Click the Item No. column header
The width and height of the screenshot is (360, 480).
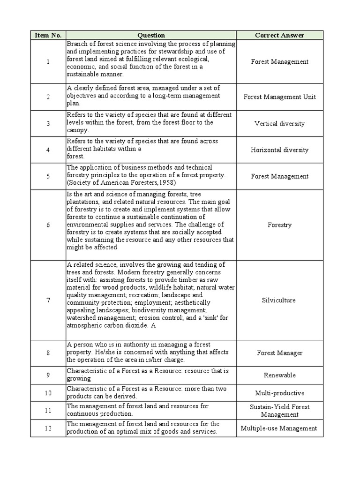click(x=48, y=35)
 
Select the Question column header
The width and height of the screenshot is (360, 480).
click(x=151, y=35)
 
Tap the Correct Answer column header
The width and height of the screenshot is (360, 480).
click(x=279, y=35)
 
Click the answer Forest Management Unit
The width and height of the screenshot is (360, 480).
click(x=279, y=97)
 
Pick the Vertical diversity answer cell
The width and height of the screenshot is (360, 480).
click(x=279, y=124)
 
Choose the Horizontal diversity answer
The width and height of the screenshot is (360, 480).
click(x=279, y=150)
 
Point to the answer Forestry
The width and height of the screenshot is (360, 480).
click(x=279, y=225)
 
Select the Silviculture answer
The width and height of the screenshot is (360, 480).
click(x=279, y=300)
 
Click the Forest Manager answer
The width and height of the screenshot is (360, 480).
click(x=279, y=353)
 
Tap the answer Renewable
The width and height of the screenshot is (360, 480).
click(x=279, y=375)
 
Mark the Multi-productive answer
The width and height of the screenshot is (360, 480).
click(x=279, y=393)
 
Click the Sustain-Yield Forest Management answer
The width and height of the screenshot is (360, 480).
click(x=279, y=411)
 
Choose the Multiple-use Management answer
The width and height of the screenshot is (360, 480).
click(x=279, y=428)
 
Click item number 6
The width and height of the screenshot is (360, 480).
click(x=48, y=225)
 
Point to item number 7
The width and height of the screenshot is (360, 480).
click(x=48, y=300)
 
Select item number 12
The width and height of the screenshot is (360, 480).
click(x=48, y=428)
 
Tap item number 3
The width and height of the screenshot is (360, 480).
click(x=48, y=124)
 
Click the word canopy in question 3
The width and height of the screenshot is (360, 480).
click(x=77, y=130)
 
